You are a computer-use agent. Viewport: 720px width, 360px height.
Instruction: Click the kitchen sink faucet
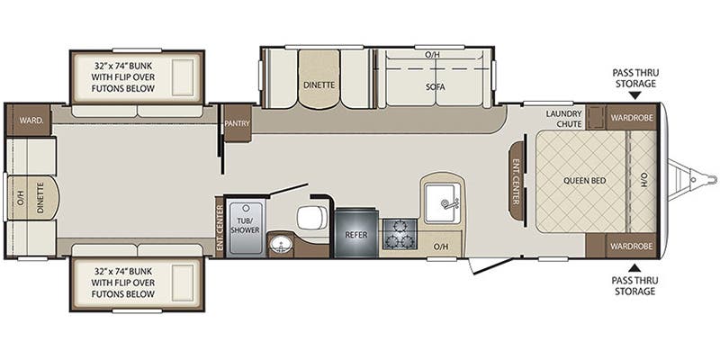[x=447, y=203]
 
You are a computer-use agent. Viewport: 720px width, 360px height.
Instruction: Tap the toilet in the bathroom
[x=311, y=217]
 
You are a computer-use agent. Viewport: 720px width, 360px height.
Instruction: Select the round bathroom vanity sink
[x=278, y=244]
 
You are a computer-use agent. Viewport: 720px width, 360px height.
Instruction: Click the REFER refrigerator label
[x=356, y=235]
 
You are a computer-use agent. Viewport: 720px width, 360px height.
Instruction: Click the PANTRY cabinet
[x=237, y=123]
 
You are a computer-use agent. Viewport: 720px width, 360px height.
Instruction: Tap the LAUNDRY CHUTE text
[x=564, y=119]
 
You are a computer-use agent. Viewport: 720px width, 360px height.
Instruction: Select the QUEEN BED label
[x=584, y=181]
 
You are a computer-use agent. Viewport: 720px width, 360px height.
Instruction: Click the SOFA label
[x=435, y=86]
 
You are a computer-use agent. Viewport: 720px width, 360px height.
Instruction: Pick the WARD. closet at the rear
[x=28, y=121]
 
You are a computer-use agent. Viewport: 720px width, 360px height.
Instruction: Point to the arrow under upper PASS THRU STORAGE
[x=634, y=95]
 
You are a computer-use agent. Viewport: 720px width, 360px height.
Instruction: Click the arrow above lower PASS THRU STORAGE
[x=634, y=267]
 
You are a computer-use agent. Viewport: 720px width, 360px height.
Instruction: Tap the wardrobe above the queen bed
[x=632, y=117]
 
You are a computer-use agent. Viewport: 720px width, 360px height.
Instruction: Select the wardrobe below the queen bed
[x=632, y=246]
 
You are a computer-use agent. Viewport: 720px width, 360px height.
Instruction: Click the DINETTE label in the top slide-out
[x=319, y=85]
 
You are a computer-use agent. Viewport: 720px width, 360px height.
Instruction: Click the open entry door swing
[x=491, y=265]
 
